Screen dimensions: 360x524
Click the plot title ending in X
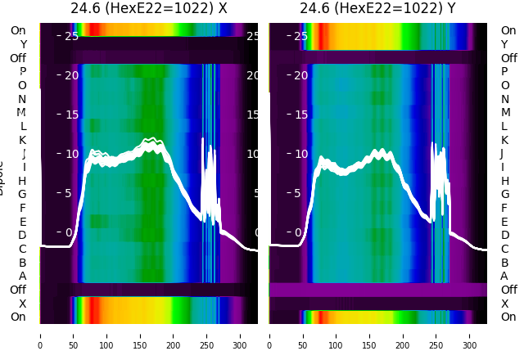[148, 8]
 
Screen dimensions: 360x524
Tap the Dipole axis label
[2, 180]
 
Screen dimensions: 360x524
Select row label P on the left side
[23, 71]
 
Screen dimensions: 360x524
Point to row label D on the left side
[23, 235]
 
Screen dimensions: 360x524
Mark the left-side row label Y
[23, 44]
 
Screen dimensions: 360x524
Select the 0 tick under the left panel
[40, 335]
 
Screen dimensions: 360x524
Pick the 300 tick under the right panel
[470, 335]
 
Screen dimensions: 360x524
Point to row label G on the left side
[23, 194]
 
